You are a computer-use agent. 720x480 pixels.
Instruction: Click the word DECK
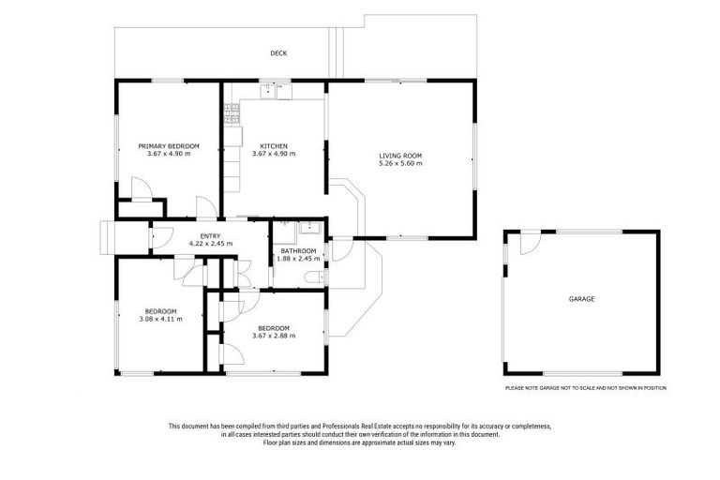pyautogui.click(x=278, y=53)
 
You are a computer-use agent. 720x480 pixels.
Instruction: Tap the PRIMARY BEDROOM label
pyautogui.click(x=169, y=145)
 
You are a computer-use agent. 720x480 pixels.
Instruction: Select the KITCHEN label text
pyautogui.click(x=274, y=145)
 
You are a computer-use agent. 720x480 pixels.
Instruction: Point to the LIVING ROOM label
pyautogui.click(x=400, y=156)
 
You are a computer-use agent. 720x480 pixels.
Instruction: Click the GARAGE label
pyautogui.click(x=581, y=299)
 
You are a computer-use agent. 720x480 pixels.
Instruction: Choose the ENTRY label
pyautogui.click(x=210, y=235)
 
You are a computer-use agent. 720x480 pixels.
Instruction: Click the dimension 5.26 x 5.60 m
pyautogui.click(x=400, y=164)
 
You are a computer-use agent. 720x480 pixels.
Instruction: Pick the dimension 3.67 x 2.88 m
pyautogui.click(x=274, y=336)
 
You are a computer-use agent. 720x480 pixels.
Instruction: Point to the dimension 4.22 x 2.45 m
pyautogui.click(x=210, y=244)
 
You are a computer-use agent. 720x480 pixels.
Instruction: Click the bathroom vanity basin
pyautogui.click(x=313, y=228)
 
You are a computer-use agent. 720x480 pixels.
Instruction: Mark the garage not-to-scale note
pyautogui.click(x=585, y=387)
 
